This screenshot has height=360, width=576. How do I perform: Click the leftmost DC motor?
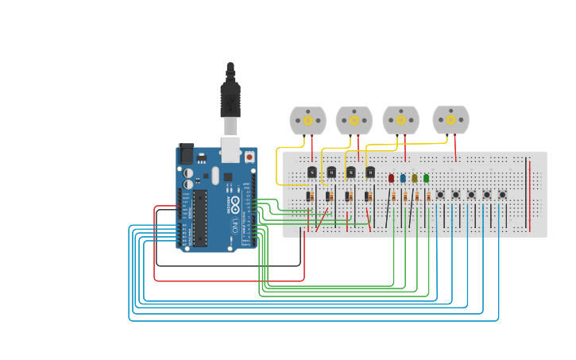[307, 121]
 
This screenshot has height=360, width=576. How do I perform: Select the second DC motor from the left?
[354, 121]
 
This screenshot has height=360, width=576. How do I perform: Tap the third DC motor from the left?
[401, 120]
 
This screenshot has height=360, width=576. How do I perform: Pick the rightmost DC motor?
[450, 120]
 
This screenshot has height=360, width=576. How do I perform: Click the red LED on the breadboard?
[391, 178]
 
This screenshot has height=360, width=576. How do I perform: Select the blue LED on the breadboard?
[403, 178]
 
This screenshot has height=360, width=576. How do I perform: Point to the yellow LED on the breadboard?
[415, 178]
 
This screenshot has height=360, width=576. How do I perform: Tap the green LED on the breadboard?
[427, 178]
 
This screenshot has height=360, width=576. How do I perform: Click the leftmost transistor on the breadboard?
[312, 172]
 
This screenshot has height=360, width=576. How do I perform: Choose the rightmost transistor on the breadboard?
[370, 172]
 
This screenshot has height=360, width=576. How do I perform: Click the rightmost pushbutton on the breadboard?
[502, 195]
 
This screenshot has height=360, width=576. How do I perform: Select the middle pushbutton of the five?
[471, 195]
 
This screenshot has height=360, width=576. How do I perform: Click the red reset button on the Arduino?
[249, 157]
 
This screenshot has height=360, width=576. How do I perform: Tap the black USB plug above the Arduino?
[230, 99]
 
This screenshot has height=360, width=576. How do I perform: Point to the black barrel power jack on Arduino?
[186, 153]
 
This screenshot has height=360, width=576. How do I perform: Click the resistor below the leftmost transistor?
[309, 196]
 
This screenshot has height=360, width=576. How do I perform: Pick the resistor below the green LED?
[428, 196]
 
